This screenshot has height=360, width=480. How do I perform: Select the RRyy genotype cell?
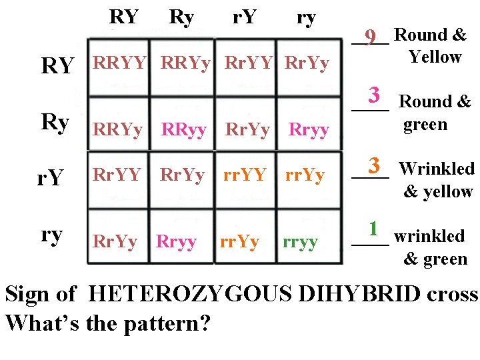(184, 130)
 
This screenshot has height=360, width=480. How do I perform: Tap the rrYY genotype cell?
(245, 175)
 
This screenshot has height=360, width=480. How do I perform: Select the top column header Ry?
(181, 17)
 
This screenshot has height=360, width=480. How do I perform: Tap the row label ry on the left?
(52, 235)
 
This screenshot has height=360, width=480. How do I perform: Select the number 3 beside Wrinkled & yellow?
(374, 165)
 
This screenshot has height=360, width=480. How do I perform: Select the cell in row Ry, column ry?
(308, 130)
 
